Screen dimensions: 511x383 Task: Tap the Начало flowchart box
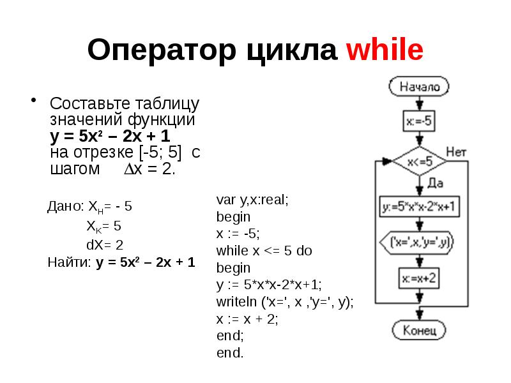pyautogui.click(x=419, y=86)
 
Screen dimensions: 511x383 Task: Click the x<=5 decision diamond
pyautogui.click(x=419, y=161)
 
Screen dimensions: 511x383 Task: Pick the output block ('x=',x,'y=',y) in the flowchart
pyautogui.click(x=419, y=243)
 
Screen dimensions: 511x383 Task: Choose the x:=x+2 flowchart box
pyautogui.click(x=419, y=278)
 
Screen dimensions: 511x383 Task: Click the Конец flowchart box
pyautogui.click(x=419, y=331)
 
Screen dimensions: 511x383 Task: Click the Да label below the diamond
pyautogui.click(x=436, y=183)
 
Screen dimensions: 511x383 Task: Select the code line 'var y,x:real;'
pyautogui.click(x=253, y=200)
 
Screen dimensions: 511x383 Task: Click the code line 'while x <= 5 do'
pyautogui.click(x=264, y=251)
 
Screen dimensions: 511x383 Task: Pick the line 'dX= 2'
pyautogui.click(x=105, y=244)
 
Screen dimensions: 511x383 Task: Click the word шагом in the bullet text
pyautogui.click(x=75, y=170)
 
